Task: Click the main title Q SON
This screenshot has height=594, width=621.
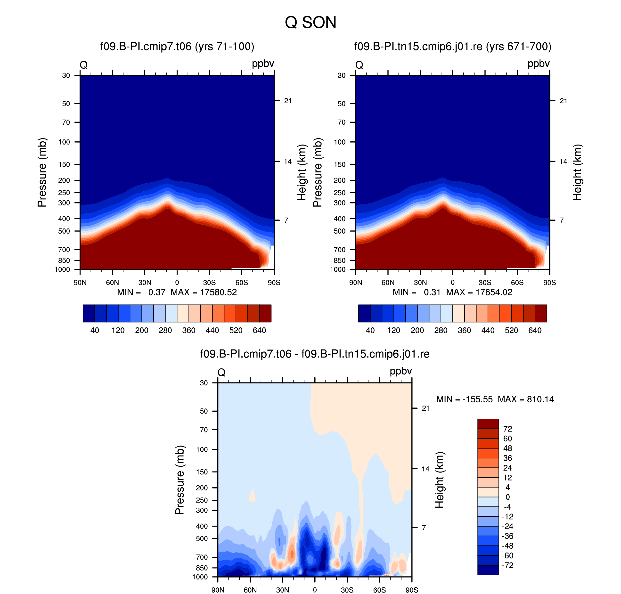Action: click(310, 23)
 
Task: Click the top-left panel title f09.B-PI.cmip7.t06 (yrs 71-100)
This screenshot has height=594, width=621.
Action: click(177, 47)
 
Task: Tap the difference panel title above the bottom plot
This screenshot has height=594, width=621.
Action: click(315, 354)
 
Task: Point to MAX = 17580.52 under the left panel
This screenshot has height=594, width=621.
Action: click(204, 292)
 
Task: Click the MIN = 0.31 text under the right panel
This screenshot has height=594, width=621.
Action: click(417, 292)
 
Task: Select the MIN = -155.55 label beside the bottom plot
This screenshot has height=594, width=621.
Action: click(464, 399)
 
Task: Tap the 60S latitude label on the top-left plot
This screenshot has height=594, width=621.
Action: click(242, 282)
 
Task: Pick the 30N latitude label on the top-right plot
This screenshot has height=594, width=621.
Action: click(420, 282)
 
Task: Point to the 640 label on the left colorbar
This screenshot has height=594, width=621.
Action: click(259, 330)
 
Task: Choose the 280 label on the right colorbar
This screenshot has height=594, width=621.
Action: click(441, 330)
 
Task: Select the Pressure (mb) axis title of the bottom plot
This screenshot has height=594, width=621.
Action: click(180, 480)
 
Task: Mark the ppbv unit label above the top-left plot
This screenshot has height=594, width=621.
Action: click(263, 64)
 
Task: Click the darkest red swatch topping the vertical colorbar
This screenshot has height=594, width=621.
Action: click(488, 424)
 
